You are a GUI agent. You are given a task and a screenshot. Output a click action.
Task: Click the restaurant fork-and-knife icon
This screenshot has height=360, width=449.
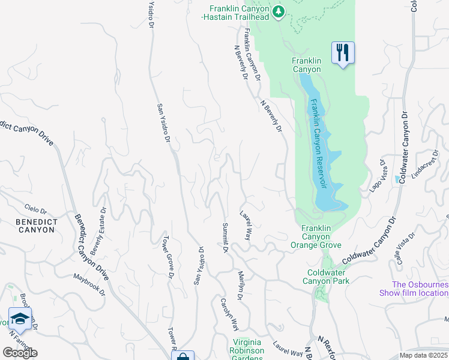tap(343, 52)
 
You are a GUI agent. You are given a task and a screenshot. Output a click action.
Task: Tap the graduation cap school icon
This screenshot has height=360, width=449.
tap(20, 319)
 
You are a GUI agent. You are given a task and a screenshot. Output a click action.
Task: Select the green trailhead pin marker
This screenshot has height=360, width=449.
tap(278, 11)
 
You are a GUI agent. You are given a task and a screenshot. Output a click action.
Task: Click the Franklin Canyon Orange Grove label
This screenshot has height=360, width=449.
tap(316, 236)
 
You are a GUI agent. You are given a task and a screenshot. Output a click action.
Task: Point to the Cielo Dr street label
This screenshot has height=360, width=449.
tap(35, 209)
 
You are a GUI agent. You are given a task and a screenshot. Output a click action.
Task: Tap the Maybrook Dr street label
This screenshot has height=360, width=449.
tap(89, 285)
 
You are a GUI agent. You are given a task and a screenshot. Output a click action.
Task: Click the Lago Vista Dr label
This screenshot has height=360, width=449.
tap(376, 175)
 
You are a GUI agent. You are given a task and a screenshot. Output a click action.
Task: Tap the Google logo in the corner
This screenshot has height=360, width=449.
tap(20, 353)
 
